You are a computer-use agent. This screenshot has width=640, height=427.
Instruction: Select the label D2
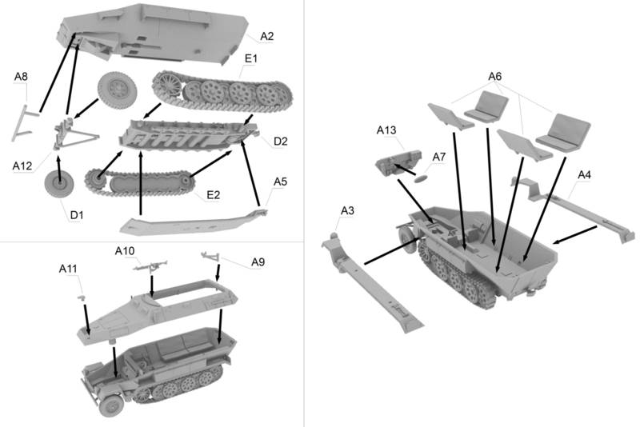pos(280,142)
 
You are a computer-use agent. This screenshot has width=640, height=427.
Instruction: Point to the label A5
pos(280,182)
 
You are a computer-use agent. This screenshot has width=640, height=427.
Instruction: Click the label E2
pos(213,195)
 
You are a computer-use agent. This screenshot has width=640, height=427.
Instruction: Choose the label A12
pos(22,166)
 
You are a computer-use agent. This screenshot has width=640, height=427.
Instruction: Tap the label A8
pos(21,77)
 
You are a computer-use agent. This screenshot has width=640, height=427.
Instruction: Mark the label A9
pos(258,261)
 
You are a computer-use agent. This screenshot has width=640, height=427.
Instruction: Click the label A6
pos(494,76)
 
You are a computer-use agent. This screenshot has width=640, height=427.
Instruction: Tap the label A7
pos(438,156)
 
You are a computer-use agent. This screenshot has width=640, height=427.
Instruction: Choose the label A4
pos(585,174)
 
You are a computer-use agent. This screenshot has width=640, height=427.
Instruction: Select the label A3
pos(347,210)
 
